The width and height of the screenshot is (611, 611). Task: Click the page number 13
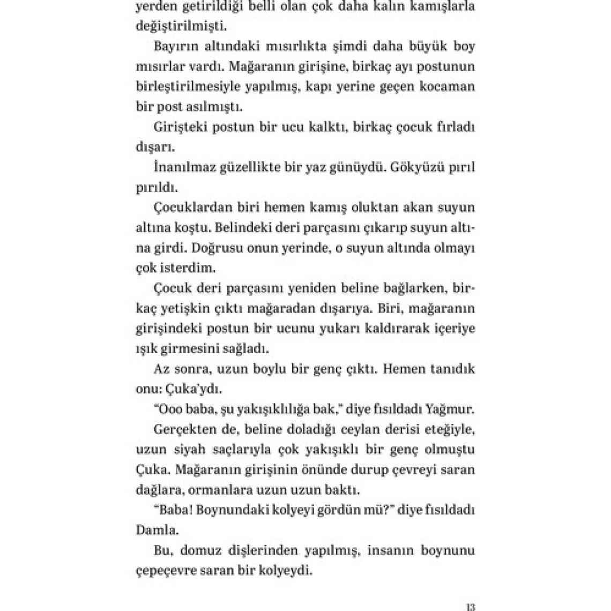471,607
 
